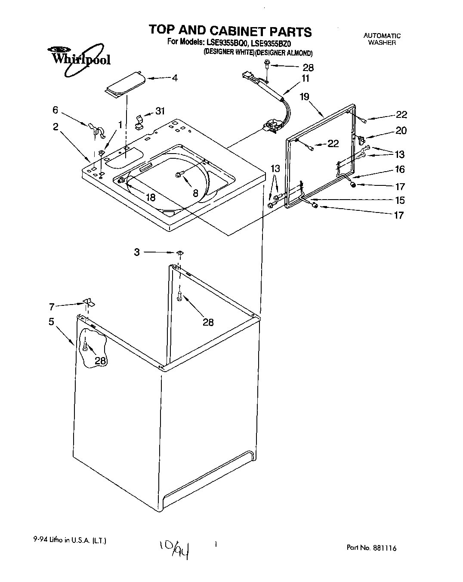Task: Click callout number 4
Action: pyautogui.click(x=174, y=78)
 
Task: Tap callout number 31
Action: pyautogui.click(x=160, y=111)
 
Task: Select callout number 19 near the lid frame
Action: pyautogui.click(x=305, y=96)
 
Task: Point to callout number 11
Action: pyautogui.click(x=305, y=79)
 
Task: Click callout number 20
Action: pyautogui.click(x=401, y=130)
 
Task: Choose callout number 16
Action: pyautogui.click(x=400, y=169)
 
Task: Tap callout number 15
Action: pyautogui.click(x=400, y=200)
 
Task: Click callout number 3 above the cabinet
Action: pyautogui.click(x=137, y=252)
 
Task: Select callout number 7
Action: pyautogui.click(x=52, y=307)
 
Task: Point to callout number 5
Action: pyautogui.click(x=51, y=321)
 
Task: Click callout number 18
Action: pyautogui.click(x=150, y=197)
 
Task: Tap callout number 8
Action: pyautogui.click(x=195, y=193)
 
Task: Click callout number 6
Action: pyautogui.click(x=55, y=110)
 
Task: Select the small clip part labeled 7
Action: pyautogui.click(x=90, y=302)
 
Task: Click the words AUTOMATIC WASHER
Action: pyautogui.click(x=382, y=39)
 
